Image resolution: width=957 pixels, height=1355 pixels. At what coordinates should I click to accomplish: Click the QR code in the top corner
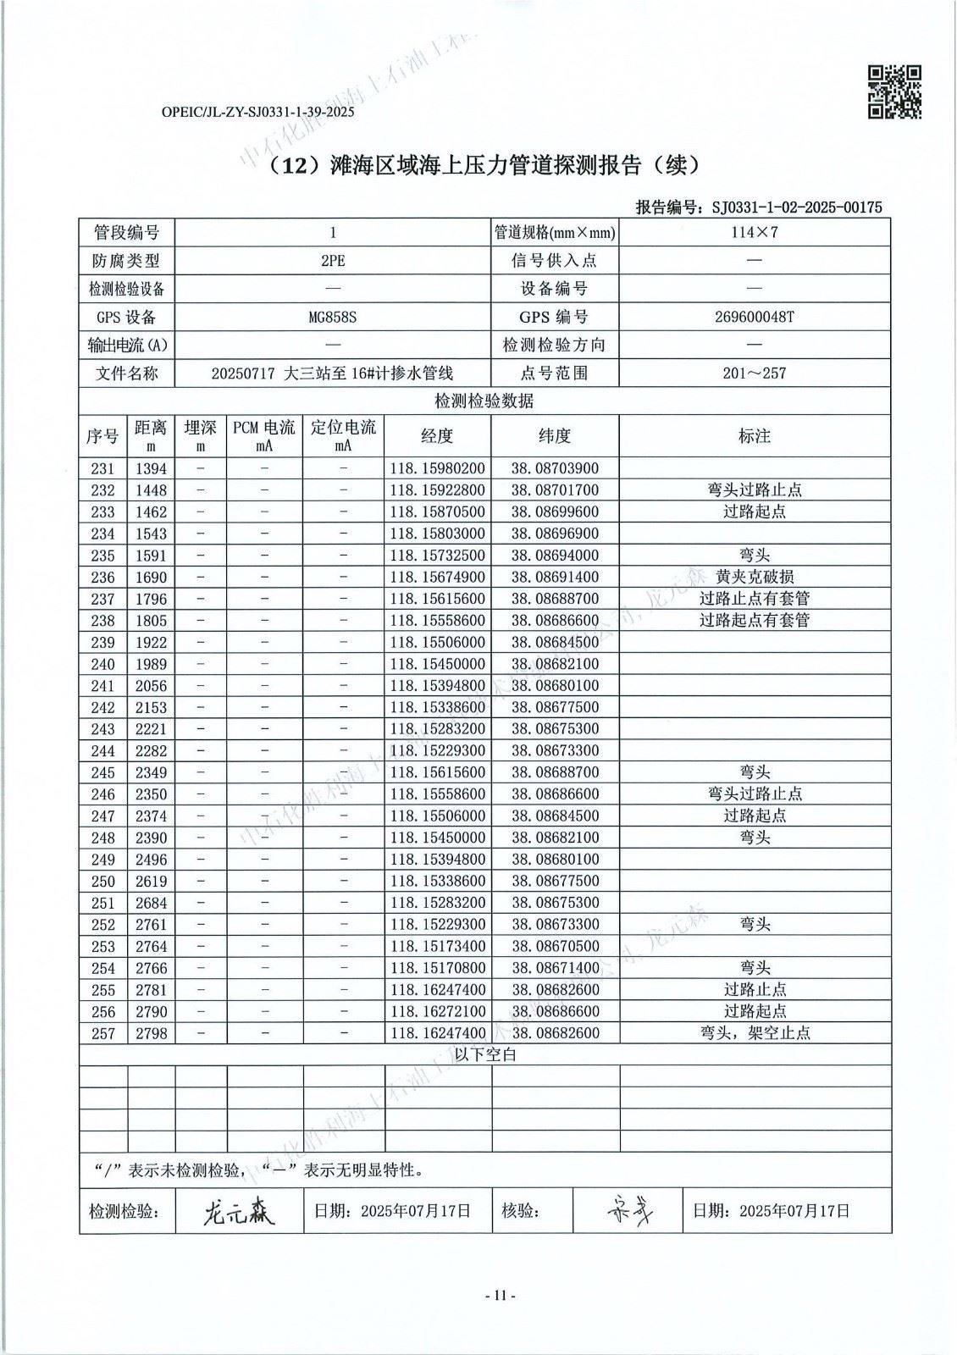pos(894,91)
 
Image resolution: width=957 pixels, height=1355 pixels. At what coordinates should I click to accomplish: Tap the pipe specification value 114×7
pos(754,232)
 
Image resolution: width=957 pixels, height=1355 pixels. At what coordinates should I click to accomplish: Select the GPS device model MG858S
pos(333,317)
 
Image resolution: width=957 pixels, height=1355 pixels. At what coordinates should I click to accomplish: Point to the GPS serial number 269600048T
pos(754,317)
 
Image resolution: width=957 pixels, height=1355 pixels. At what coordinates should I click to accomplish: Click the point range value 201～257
pos(754,373)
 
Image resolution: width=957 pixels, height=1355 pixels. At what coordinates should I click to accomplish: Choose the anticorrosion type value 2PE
pos(333,261)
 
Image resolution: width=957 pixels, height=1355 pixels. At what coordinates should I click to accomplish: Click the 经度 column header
pos(437,435)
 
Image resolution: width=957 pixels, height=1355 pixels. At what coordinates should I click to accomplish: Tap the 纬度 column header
pos(555,435)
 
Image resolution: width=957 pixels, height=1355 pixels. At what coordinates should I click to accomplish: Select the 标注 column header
pos(754,435)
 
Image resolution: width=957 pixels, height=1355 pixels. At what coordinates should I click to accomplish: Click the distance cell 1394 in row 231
pos(151,468)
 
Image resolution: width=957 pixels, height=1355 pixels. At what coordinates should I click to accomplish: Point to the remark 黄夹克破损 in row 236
pos(754,577)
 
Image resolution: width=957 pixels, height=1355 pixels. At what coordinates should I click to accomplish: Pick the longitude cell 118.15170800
pos(437,968)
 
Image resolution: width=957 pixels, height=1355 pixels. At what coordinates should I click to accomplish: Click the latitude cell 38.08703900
pos(555,468)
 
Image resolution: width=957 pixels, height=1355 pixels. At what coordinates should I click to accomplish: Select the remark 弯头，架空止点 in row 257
pos(754,1033)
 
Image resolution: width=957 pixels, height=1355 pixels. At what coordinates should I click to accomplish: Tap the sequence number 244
pos(102,750)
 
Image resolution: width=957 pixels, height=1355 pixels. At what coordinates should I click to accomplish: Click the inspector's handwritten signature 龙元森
pos(238,1213)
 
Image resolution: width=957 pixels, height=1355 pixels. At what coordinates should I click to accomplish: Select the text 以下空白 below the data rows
pos(485,1054)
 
